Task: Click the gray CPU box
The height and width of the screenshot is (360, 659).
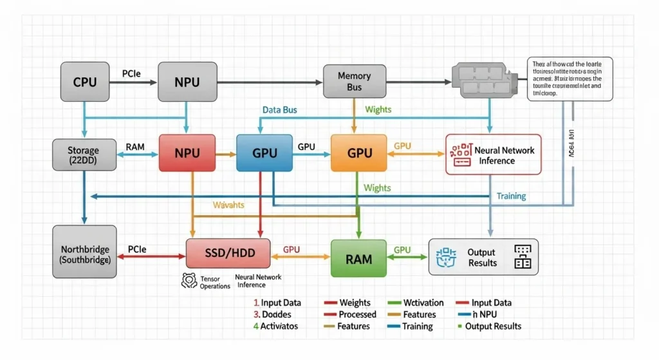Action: (x=85, y=82)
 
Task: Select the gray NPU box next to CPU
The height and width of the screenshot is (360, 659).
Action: (x=187, y=82)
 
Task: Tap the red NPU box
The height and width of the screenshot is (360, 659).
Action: (x=187, y=153)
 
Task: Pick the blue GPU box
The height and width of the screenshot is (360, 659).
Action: (x=265, y=153)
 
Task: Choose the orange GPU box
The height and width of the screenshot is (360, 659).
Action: (x=358, y=153)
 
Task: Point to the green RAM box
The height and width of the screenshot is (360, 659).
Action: (x=358, y=258)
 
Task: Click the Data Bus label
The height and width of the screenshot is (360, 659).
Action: (x=280, y=110)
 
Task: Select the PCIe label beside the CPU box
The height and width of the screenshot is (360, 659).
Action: (x=132, y=74)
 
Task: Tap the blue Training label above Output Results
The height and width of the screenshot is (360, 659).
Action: (x=511, y=196)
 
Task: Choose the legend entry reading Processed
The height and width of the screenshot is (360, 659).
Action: (x=357, y=314)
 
